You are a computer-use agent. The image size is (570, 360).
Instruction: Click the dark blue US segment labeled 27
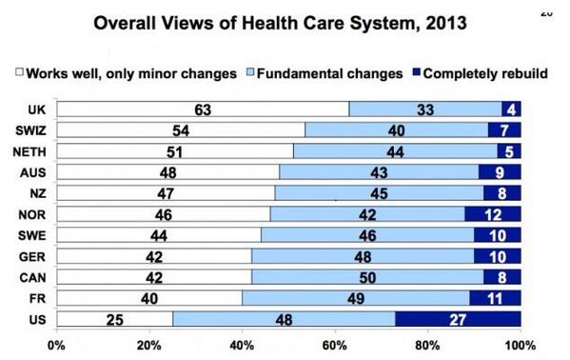pyautogui.click(x=458, y=318)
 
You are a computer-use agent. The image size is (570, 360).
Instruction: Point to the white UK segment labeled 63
pyautogui.click(x=202, y=110)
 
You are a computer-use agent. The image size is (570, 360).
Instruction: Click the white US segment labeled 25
pyautogui.click(x=113, y=318)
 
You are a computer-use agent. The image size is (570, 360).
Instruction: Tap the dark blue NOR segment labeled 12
pyautogui.click(x=492, y=213)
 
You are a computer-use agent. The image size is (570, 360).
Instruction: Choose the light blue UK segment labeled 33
pyautogui.click(x=424, y=110)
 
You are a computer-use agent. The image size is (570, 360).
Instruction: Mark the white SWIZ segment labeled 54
pyautogui.click(x=181, y=130)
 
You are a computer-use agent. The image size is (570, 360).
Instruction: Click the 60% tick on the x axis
pyautogui.click(x=334, y=344)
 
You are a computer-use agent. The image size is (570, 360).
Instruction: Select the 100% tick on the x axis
pyautogui.click(x=520, y=344)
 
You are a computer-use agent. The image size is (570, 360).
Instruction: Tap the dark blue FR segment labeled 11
pyautogui.click(x=495, y=297)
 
